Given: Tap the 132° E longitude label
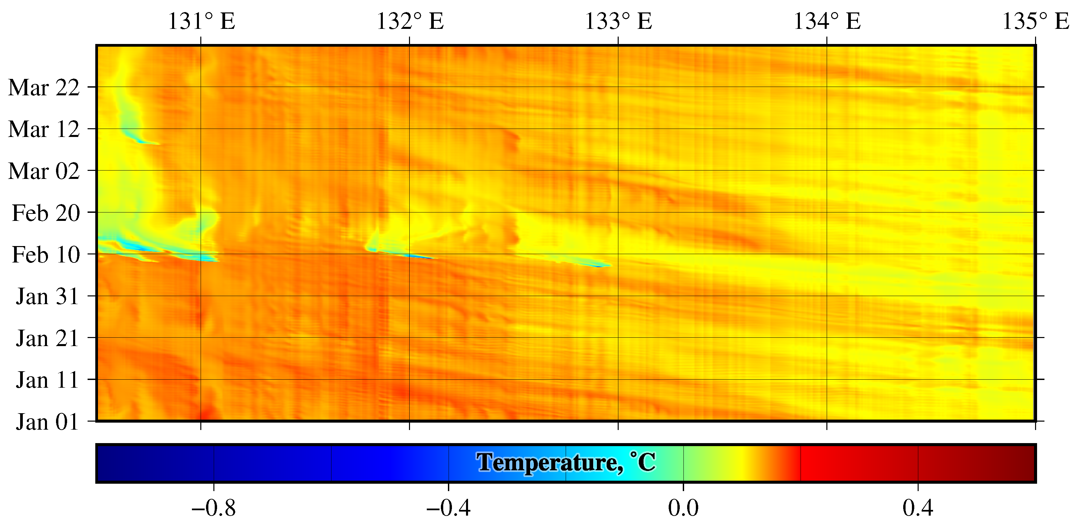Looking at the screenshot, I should [x=410, y=21].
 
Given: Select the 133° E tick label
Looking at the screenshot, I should [x=618, y=21].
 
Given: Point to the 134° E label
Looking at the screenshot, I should [x=827, y=21].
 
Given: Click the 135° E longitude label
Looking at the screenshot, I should [x=1035, y=21].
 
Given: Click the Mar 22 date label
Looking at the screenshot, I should [x=44, y=88].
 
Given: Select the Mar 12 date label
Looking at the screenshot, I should [x=44, y=129].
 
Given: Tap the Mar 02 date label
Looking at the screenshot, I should [x=44, y=171].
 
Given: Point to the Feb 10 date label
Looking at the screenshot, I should [x=46, y=255].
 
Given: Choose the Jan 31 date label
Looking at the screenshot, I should [x=47, y=297].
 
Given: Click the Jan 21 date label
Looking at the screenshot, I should [x=47, y=338].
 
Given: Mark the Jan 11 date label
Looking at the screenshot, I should [x=47, y=380].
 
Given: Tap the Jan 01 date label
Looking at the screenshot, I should [x=47, y=422].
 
